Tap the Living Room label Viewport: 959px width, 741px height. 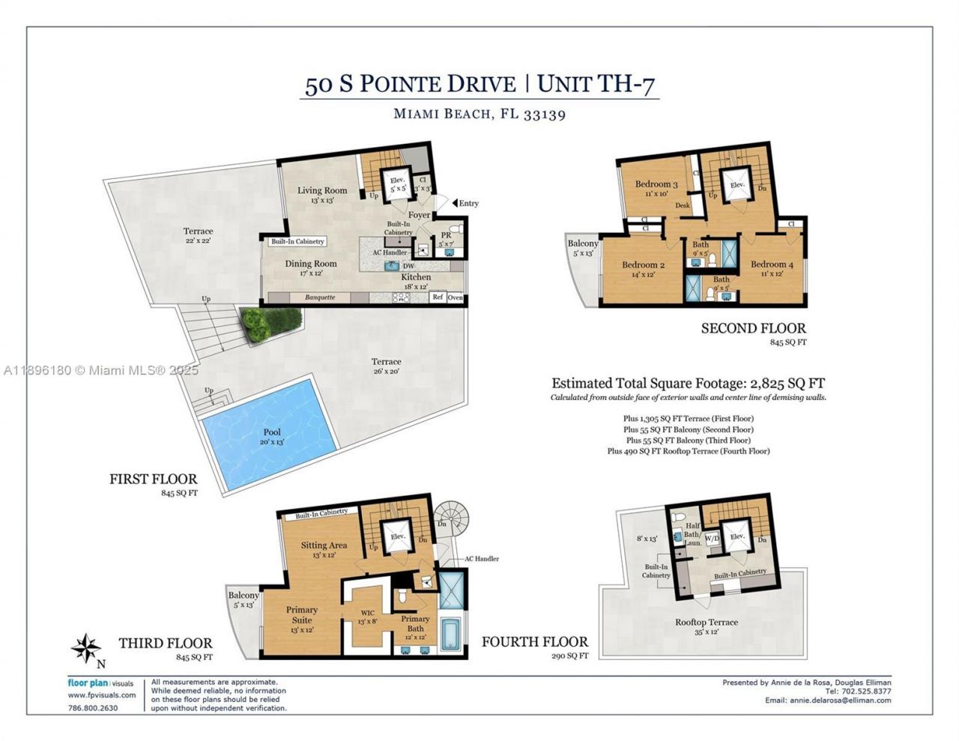tap(322, 190)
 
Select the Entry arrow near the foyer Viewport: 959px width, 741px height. tap(455, 203)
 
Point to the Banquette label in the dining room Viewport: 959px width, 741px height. tap(320, 297)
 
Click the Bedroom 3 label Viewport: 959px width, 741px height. tap(656, 184)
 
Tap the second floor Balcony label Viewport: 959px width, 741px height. tap(583, 244)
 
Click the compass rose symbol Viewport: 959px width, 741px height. tap(87, 647)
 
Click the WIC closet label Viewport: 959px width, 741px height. tap(367, 612)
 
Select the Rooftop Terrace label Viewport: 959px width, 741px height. tap(706, 623)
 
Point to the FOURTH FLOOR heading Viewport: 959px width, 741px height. tap(535, 642)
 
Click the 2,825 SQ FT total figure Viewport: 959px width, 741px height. tap(780, 382)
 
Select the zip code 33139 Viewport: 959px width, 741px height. tap(544, 115)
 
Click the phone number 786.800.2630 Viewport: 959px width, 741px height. tap(93, 708)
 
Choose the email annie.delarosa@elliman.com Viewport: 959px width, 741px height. tap(840, 701)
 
